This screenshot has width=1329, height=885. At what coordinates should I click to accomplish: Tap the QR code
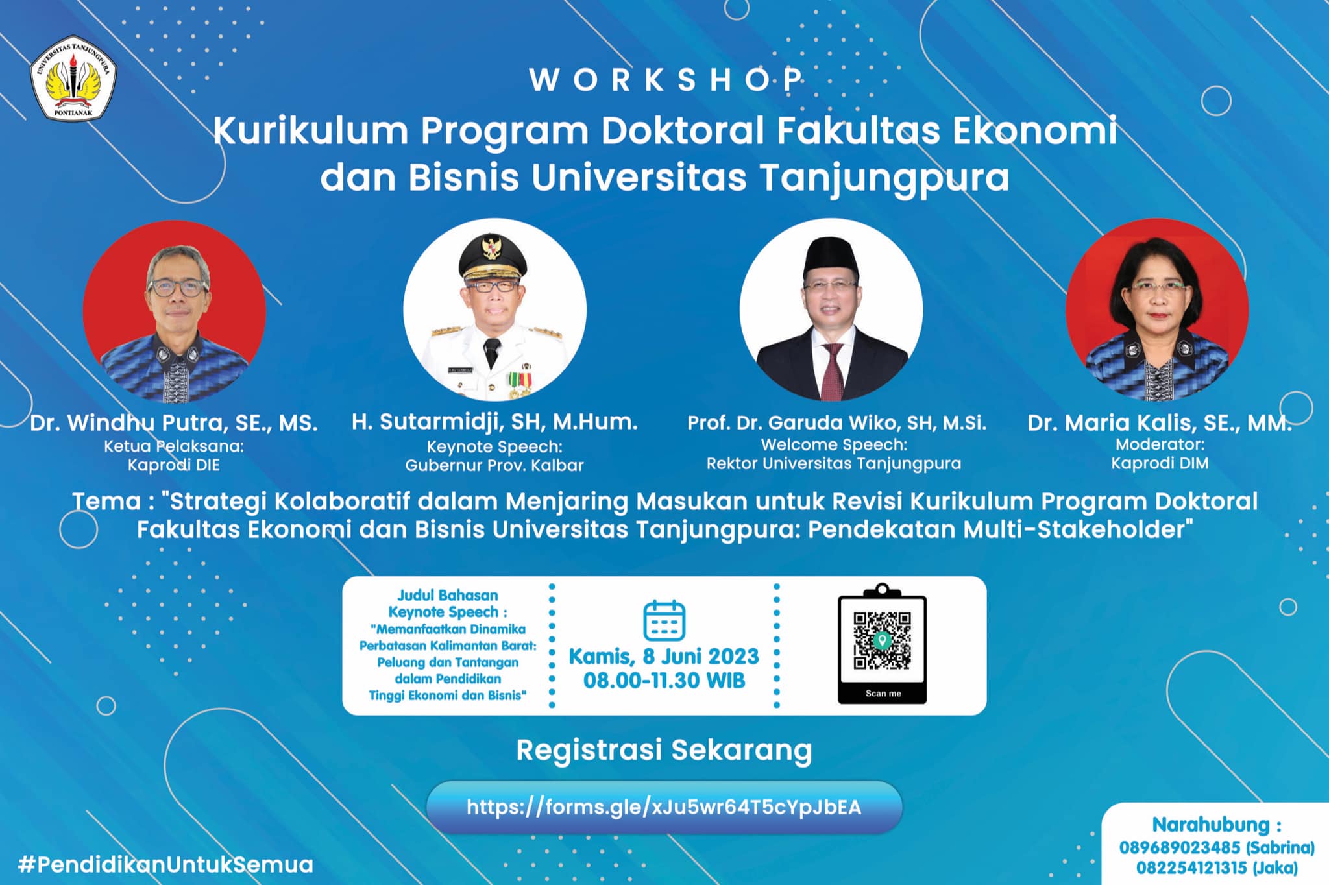pyautogui.click(x=882, y=640)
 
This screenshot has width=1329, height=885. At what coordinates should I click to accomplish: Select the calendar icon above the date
pyautogui.click(x=664, y=620)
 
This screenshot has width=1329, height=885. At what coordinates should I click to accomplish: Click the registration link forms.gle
pyautogui.click(x=664, y=806)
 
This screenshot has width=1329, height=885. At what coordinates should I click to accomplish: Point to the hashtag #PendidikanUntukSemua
pyautogui.click(x=165, y=864)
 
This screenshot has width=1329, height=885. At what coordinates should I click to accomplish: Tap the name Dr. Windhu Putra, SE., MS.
pyautogui.click(x=174, y=423)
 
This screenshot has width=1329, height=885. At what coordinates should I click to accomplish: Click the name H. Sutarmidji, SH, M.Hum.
pyautogui.click(x=494, y=422)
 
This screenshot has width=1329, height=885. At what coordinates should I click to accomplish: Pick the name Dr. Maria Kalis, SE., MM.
pyautogui.click(x=1159, y=423)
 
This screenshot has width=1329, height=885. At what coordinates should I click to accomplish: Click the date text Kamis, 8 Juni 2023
pyautogui.click(x=664, y=656)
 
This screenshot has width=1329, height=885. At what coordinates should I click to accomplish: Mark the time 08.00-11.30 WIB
pyautogui.click(x=664, y=681)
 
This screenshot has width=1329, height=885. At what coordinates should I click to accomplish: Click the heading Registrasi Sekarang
pyautogui.click(x=664, y=750)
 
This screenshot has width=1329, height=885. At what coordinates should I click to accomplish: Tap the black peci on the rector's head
pyautogui.click(x=831, y=255)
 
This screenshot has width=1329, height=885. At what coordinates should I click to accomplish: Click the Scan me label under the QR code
pyautogui.click(x=883, y=693)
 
